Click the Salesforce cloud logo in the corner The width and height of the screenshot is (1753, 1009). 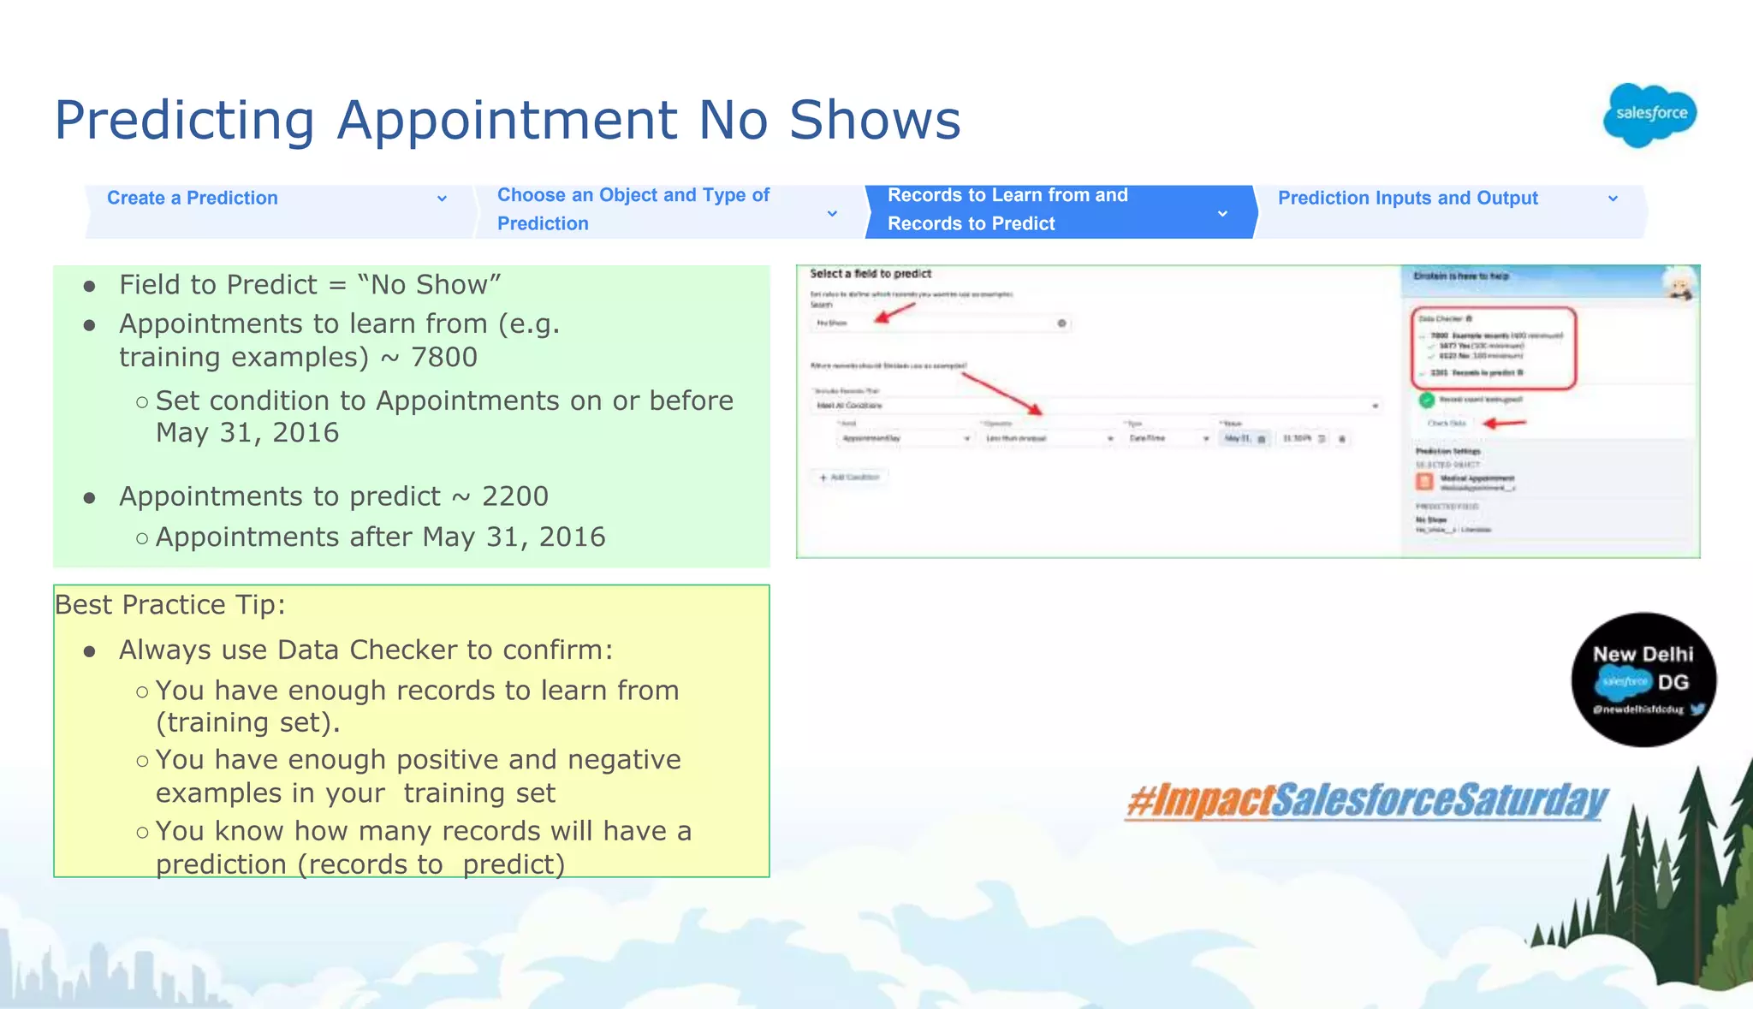pos(1650,115)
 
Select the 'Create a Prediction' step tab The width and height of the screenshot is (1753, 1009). pos(193,199)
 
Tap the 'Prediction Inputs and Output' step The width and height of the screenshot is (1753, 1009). pos(1408,199)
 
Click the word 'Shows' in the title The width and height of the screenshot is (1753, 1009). pos(875,120)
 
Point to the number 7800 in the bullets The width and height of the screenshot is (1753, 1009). pos(443,357)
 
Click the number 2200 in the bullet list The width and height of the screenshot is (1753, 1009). pos(514,496)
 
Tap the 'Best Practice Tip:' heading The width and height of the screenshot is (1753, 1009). pos(170,605)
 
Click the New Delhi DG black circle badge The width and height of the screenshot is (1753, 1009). pos(1643,680)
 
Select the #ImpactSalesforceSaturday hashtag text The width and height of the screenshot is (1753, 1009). pos(1367,801)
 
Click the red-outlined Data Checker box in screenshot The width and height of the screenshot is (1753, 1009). pos(1493,347)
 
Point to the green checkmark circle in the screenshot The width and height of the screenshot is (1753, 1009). pos(1426,400)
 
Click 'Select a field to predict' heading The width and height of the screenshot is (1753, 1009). pos(871,274)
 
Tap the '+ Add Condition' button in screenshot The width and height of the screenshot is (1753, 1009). pos(851,478)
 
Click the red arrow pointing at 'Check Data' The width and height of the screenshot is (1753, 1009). pos(1504,423)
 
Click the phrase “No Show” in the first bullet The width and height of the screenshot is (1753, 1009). pos(429,285)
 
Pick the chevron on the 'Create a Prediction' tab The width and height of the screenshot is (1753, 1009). pos(442,199)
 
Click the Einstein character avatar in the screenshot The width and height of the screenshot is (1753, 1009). pos(1679,284)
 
